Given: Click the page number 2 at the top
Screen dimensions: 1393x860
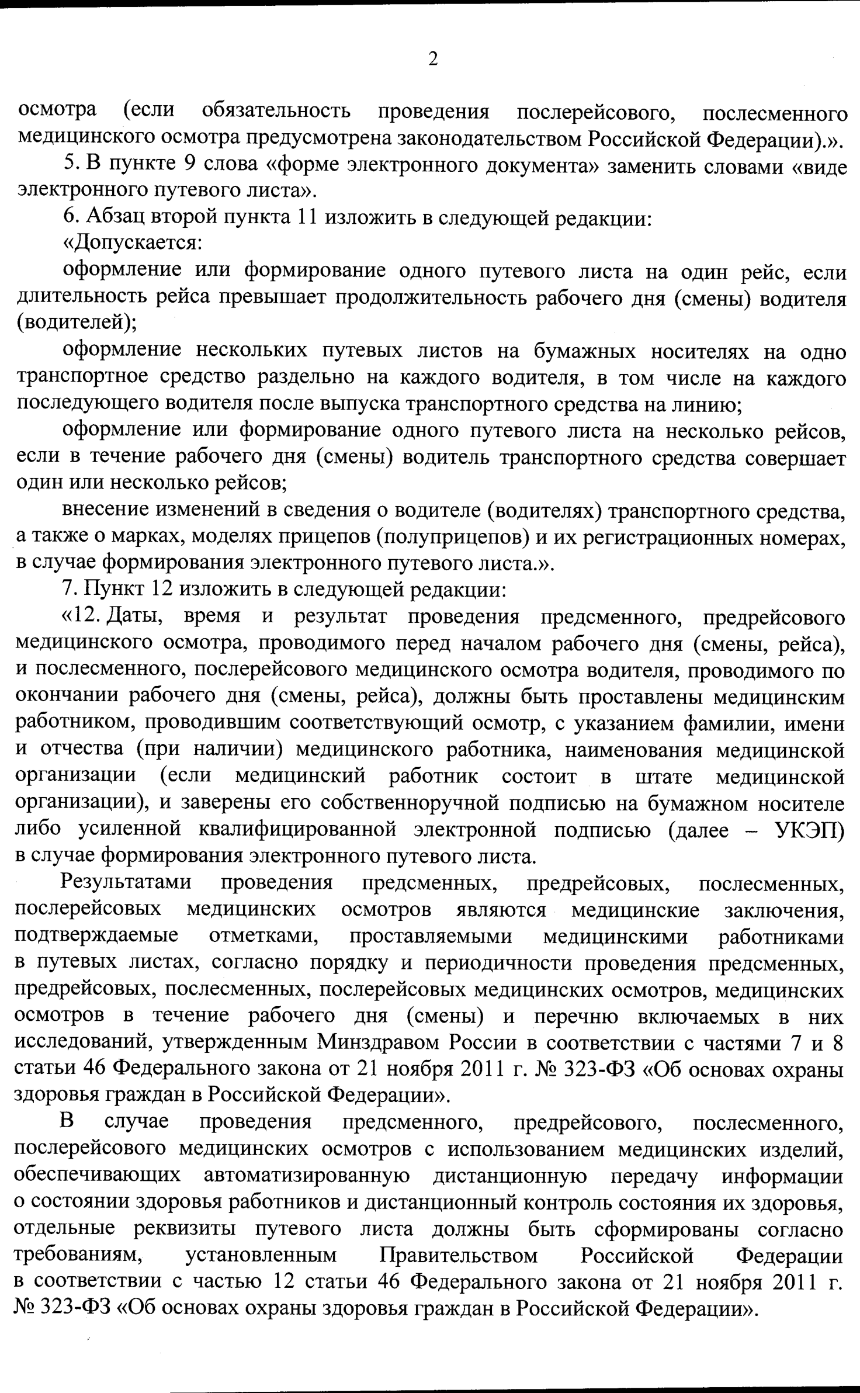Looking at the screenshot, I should coord(433,60).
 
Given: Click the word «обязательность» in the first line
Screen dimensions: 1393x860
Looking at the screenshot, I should coord(276,112).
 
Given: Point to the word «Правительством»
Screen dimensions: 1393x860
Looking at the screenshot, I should coord(459,1256).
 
